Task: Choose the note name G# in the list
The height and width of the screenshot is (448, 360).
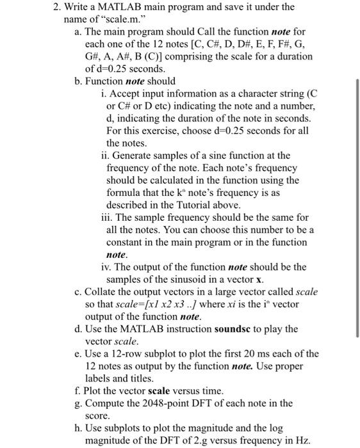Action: click(x=94, y=56)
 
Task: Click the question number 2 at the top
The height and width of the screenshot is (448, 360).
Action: click(x=55, y=7)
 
